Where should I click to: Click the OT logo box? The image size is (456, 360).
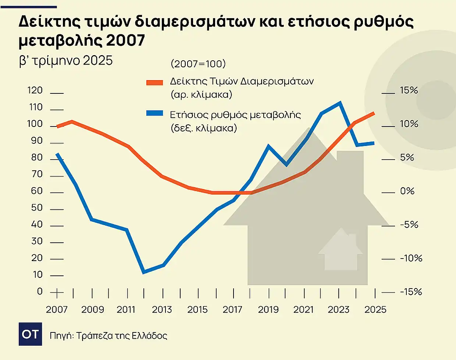(30, 334)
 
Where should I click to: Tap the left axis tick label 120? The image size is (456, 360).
(35, 90)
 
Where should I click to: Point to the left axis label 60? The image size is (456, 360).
(37, 191)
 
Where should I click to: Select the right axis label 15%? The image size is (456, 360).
(409, 90)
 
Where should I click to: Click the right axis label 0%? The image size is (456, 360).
(407, 191)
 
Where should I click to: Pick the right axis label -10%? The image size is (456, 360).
(411, 258)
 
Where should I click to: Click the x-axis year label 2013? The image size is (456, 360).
(162, 310)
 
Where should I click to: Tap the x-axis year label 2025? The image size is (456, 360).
(375, 310)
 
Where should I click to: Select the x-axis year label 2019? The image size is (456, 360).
(268, 310)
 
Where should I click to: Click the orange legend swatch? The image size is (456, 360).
(154, 82)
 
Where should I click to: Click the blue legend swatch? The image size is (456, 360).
(154, 113)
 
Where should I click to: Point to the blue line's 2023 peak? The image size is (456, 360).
(340, 103)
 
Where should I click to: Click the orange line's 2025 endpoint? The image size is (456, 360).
(374, 113)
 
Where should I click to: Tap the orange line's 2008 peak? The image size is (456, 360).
(72, 121)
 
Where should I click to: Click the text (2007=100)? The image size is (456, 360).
(198, 64)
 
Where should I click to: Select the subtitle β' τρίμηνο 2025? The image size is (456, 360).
(65, 61)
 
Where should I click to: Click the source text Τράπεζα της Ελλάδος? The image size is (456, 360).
(122, 335)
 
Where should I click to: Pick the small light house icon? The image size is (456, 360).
(341, 250)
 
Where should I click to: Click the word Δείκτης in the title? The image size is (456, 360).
(49, 22)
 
